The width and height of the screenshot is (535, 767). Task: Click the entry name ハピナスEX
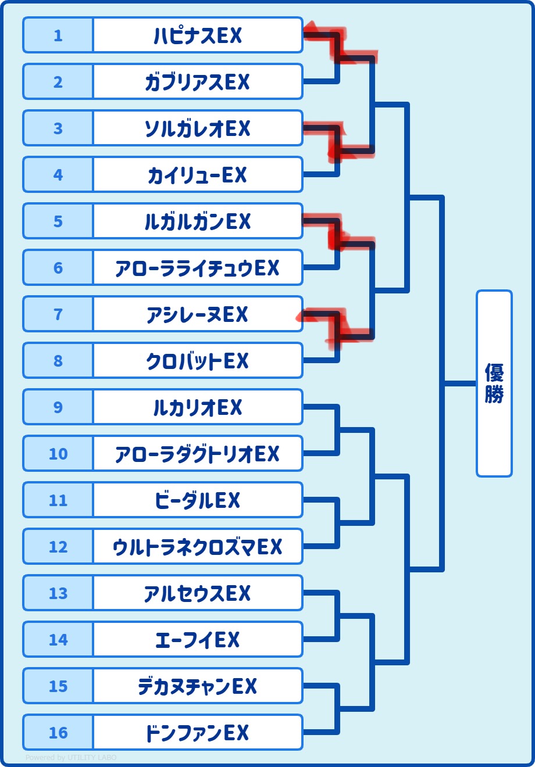tap(198, 35)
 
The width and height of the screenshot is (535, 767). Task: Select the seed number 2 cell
tap(58, 82)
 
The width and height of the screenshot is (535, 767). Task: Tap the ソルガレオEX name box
tap(198, 128)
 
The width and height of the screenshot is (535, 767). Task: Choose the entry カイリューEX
tap(198, 175)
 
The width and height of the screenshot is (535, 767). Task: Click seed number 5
tap(58, 221)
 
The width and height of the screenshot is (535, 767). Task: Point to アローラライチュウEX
tap(198, 268)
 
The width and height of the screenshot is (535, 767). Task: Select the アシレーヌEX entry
tap(198, 314)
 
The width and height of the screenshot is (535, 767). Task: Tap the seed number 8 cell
tap(58, 361)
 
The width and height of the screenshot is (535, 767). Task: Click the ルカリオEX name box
tap(198, 407)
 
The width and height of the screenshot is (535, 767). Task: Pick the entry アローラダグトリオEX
tap(198, 454)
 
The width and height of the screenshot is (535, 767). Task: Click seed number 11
tap(58, 500)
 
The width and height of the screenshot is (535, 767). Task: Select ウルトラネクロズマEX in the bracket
tap(198, 547)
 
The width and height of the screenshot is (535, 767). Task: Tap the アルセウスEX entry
tap(198, 593)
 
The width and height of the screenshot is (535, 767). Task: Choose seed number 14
tap(58, 640)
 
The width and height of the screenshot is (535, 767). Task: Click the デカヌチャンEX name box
tap(198, 686)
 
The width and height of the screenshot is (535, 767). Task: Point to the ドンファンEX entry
tap(198, 733)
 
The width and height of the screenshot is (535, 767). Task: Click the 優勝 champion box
tap(494, 383)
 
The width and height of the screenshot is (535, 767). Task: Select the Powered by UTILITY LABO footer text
tap(71, 758)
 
